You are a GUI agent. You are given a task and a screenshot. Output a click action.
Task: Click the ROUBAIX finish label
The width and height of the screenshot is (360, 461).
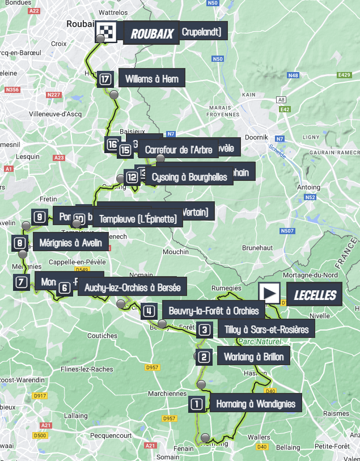tap(151, 33)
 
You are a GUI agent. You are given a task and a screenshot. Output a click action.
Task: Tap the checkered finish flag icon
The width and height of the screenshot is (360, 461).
tap(105, 33)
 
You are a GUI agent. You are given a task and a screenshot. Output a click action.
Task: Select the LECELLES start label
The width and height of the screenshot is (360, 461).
tap(314, 295)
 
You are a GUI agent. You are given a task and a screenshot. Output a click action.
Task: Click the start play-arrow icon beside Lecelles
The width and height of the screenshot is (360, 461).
tap(269, 293)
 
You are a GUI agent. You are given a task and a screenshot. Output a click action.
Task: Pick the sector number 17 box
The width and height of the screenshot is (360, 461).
tap(105, 79)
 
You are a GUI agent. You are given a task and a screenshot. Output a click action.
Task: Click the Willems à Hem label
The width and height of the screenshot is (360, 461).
tap(152, 79)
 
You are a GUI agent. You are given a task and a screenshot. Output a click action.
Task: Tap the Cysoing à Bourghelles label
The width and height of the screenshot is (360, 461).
tap(189, 177)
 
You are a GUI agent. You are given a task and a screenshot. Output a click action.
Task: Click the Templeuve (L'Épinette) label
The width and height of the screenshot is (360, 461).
tap(138, 218)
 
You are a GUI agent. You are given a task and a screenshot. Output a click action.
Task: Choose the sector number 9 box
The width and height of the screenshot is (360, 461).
tap(39, 216)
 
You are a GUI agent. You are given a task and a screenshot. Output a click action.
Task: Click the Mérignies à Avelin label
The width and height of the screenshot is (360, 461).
tap(71, 243)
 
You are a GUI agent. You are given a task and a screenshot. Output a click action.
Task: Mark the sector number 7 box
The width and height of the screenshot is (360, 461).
tap(21, 282)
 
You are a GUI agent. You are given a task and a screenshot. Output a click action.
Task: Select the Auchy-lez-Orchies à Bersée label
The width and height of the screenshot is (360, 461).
tap(132, 287)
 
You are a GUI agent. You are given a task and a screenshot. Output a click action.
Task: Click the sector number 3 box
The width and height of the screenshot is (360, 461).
tap(205, 329)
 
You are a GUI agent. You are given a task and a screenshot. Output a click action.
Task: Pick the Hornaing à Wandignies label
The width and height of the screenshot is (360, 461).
tap(255, 404)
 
